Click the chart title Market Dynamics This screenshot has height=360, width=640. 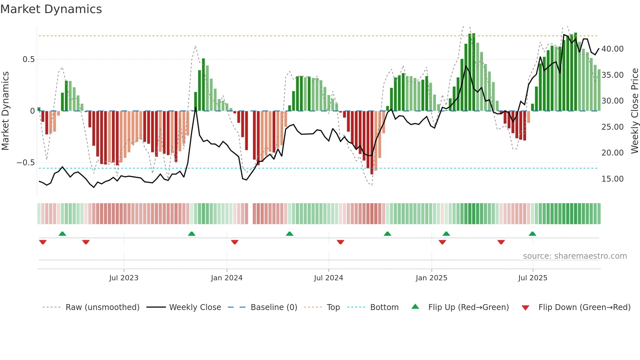tap(51, 9)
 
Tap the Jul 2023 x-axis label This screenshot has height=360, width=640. tap(124, 278)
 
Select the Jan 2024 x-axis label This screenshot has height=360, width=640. tap(227, 278)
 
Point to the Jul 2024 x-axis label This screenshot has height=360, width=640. tap(328, 278)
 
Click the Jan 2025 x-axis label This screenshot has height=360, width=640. tap(431, 278)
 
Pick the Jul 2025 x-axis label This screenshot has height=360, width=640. tap(533, 278)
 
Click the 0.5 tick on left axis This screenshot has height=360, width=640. tap(28, 59)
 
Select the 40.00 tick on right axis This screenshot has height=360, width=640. tap(612, 49)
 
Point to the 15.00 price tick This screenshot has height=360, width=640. tap(612, 179)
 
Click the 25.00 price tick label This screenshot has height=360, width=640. tap(612, 127)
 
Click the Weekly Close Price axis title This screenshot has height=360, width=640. tap(634, 111)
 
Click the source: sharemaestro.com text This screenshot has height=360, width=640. tap(575, 256)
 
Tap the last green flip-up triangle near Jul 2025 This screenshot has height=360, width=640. tap(532, 234)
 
